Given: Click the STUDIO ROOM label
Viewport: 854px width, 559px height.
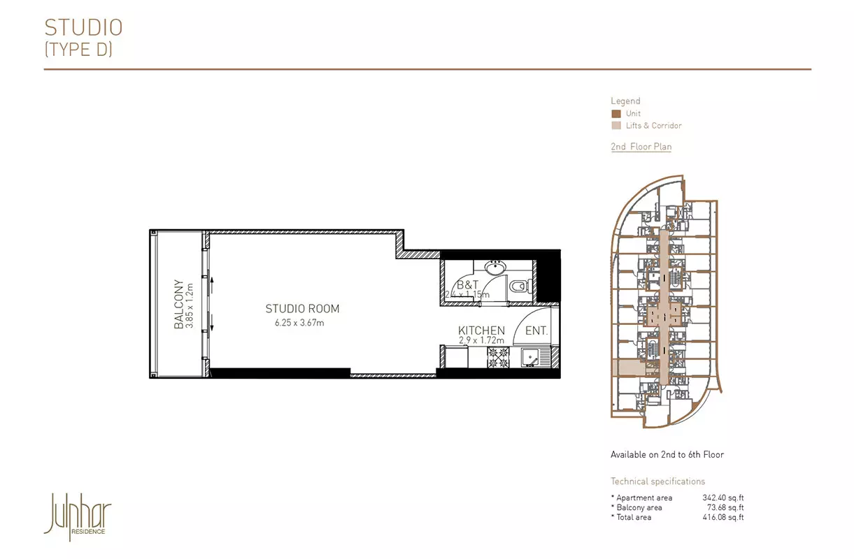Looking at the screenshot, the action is (x=302, y=308).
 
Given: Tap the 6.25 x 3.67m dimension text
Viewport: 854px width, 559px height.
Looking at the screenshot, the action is (x=299, y=323).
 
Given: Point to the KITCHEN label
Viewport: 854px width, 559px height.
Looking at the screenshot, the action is (x=481, y=330).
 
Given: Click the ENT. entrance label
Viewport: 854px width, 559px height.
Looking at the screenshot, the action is (x=536, y=331).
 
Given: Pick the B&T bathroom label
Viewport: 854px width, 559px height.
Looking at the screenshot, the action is (x=467, y=284).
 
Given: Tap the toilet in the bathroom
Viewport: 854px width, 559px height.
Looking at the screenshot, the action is (x=520, y=286).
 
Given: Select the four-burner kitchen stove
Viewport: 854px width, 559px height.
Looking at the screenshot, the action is (x=498, y=358).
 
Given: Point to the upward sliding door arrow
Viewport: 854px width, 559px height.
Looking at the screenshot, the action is (x=212, y=285).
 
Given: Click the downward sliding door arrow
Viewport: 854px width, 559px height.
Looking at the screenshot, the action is (x=212, y=322).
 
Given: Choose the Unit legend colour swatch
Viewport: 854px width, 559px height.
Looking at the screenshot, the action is (x=616, y=113).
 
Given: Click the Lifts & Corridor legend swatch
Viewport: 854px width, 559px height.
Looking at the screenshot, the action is (x=616, y=126).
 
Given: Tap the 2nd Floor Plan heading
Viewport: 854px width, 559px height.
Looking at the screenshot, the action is (x=641, y=147).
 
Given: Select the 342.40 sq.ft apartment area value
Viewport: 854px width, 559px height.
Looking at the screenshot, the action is (x=723, y=498).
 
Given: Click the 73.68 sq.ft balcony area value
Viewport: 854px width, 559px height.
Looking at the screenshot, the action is (x=725, y=507).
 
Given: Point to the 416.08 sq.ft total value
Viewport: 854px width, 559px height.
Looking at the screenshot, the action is (x=723, y=517).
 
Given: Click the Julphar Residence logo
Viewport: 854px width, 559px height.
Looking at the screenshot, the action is (x=78, y=516).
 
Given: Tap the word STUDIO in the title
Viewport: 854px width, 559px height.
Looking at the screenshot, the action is (x=83, y=27).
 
